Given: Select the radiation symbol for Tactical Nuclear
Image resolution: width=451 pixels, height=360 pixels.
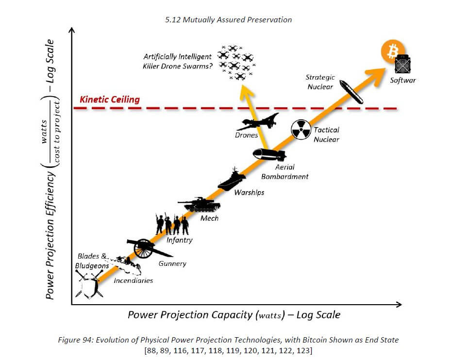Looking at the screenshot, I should coord(300,130).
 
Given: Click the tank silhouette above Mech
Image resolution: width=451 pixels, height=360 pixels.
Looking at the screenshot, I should coord(201,204).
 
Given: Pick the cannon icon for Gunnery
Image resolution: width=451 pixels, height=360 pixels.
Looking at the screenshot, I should coord(146,248).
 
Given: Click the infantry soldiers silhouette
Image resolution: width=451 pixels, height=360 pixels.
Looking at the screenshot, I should coord(171,224).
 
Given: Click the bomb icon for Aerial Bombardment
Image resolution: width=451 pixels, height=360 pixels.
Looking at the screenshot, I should coord(269,155).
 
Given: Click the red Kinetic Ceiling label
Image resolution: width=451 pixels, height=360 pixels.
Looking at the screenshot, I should coord(109,99).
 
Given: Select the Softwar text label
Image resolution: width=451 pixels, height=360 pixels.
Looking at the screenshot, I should coord(403,80).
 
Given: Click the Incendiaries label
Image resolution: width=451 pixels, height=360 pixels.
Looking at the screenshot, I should coord(133,280).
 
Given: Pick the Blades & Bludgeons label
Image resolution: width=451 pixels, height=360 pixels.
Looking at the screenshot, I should coord(92,261).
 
